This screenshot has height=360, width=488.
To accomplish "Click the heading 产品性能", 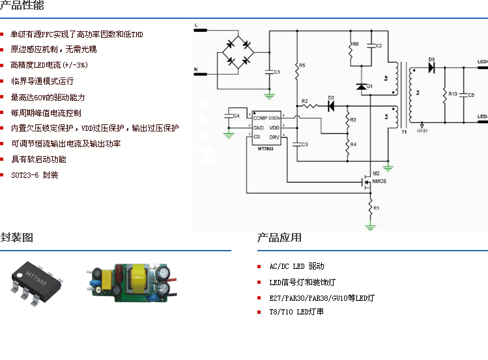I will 22,7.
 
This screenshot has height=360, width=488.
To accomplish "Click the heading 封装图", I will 16,238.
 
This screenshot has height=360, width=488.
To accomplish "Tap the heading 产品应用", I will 280,238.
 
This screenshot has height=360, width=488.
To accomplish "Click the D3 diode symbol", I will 432,68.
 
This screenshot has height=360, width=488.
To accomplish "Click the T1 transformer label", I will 403,132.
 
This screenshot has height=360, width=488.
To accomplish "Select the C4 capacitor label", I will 237,115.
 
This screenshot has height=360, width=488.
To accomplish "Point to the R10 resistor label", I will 453,94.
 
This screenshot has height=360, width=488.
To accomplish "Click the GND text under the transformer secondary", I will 422,130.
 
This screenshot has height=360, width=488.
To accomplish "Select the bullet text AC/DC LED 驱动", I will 296,267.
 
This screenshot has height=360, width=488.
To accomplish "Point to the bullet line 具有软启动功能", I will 38,159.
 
